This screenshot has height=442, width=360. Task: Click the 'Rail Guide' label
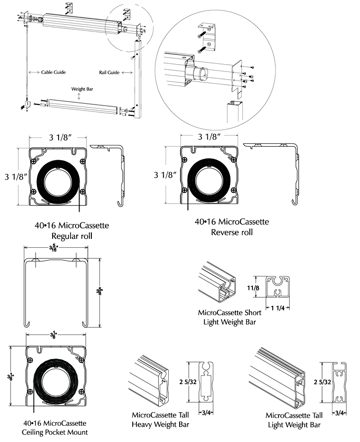[109, 72]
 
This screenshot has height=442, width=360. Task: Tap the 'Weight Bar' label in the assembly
[80, 89]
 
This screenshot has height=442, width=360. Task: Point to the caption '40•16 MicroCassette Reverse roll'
[232, 227]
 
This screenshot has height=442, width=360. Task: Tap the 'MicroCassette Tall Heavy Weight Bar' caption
[160, 420]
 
